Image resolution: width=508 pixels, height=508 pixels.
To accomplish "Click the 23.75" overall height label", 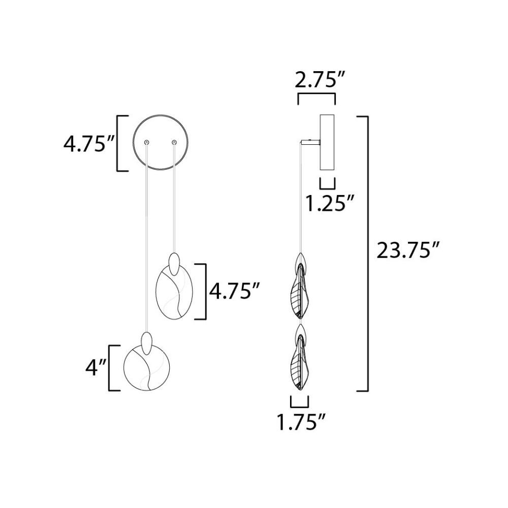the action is (x=407, y=250).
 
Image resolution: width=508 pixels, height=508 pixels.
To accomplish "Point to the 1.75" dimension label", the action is (x=301, y=422).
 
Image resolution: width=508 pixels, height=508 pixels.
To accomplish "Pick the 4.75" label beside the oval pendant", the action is (x=235, y=291).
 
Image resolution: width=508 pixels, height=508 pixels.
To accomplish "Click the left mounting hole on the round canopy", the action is (x=147, y=142).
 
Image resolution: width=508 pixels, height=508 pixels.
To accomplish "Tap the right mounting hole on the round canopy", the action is (x=174, y=142).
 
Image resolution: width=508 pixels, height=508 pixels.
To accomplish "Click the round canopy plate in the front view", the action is (x=134, y=143).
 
